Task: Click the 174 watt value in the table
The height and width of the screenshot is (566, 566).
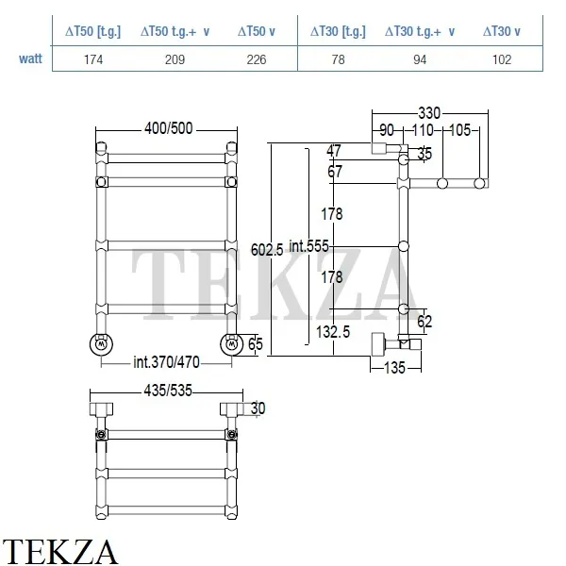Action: (x=93, y=59)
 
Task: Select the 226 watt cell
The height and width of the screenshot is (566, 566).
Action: (x=257, y=59)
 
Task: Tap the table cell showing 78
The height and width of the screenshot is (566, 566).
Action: (x=339, y=59)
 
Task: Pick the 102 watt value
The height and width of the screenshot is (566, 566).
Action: (x=502, y=59)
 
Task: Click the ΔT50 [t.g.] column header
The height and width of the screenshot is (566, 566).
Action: (x=92, y=31)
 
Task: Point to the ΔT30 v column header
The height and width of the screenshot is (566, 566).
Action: (x=502, y=31)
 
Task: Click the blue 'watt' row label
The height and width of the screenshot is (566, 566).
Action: (x=31, y=58)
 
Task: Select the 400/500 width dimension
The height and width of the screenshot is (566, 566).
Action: (x=169, y=128)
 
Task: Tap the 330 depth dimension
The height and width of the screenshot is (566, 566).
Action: (x=429, y=113)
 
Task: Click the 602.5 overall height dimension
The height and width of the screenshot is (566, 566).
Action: (x=267, y=249)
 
